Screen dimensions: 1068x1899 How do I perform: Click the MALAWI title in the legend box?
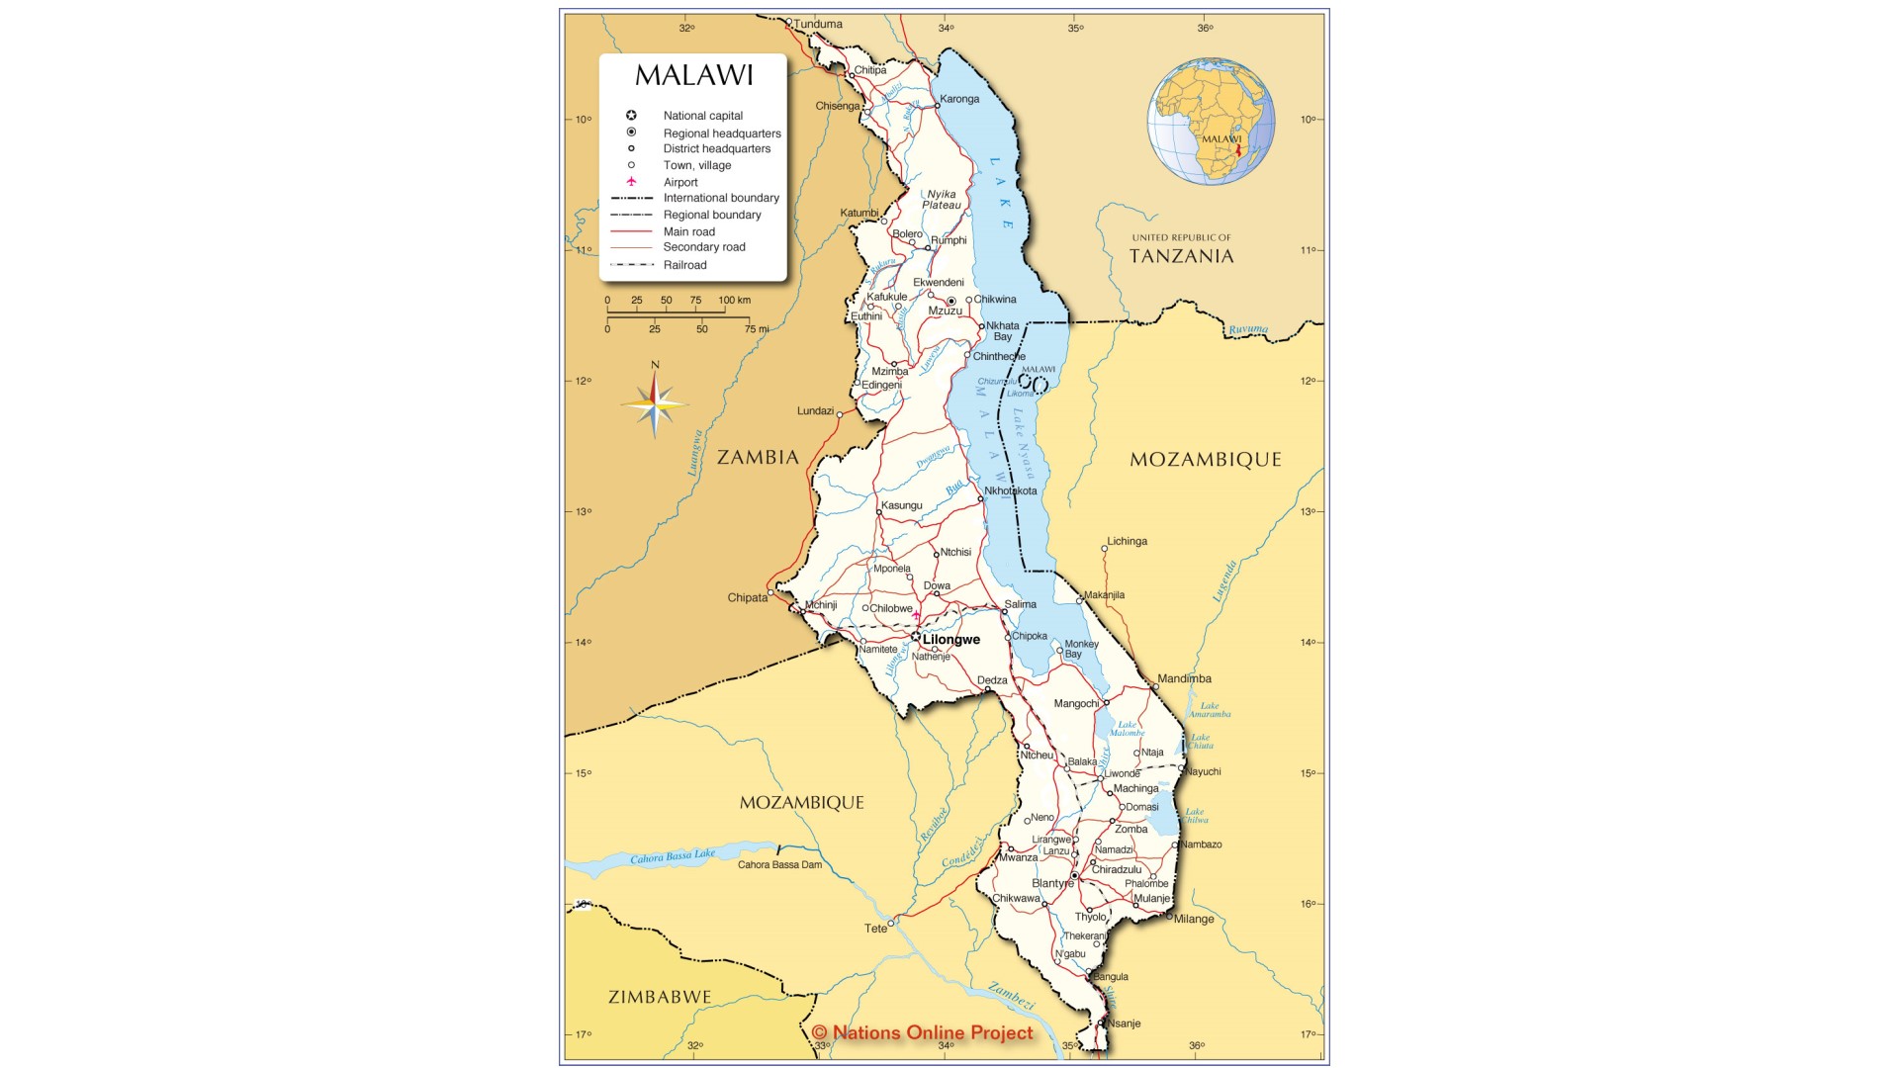coord(693,75)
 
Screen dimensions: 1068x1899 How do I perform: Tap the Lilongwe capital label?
coord(950,640)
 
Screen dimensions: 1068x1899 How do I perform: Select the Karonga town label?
coord(959,99)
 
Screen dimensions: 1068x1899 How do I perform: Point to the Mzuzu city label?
coord(945,311)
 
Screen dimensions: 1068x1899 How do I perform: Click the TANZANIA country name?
coord(1181,256)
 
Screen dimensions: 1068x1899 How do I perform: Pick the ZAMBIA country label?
coord(758,457)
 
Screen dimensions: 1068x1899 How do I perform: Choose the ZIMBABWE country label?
coord(660,997)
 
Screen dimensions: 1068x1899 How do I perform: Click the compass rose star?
coord(654,403)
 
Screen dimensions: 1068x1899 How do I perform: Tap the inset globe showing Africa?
coord(1211,122)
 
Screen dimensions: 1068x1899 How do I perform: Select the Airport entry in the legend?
coord(680,182)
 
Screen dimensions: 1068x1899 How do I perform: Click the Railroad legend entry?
coord(684,265)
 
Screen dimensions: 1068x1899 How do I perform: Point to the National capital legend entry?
coord(702,116)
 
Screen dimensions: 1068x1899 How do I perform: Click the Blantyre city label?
coord(1052,883)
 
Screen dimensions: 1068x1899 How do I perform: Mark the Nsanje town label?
coord(1124,1023)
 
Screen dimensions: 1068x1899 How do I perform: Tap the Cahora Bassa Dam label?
coord(779,865)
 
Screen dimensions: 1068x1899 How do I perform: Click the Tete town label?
coord(875,929)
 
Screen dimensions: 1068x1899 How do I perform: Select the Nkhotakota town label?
coord(1010,490)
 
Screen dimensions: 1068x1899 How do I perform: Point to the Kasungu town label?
coord(901,505)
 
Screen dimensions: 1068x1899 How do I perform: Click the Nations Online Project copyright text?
coord(922,1033)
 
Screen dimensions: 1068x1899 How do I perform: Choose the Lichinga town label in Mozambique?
coord(1127,541)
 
